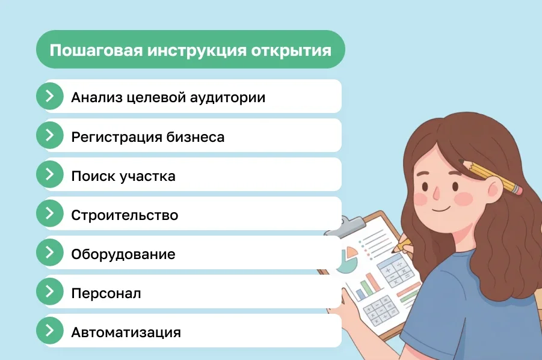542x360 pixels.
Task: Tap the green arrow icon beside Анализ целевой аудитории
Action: click(50, 96)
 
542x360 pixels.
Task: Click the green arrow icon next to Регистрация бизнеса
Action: click(50, 135)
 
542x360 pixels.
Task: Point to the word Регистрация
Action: click(115, 137)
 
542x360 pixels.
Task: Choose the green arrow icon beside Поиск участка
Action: click(50, 174)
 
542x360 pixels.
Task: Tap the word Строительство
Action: click(125, 215)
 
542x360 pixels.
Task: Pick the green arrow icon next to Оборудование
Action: click(50, 252)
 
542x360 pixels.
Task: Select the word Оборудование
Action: click(123, 254)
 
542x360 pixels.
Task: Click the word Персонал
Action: click(106, 294)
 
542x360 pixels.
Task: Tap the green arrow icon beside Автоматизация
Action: click(50, 331)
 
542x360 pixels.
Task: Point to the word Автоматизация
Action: click(126, 332)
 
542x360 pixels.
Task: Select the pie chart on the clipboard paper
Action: click(346, 260)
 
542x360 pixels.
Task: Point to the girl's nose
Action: click(437, 191)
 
